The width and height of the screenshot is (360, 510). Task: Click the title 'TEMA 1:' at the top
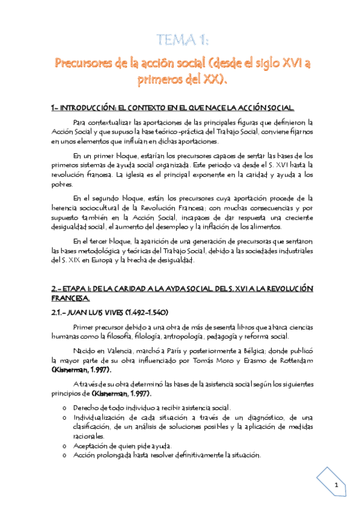coord(180,41)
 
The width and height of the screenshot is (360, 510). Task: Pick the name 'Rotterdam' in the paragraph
coord(289,360)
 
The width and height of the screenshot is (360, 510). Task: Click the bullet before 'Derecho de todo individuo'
coord(64,408)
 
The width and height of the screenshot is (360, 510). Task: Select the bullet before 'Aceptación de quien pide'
coord(64,445)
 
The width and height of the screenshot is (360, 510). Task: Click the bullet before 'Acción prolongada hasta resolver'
coord(64,455)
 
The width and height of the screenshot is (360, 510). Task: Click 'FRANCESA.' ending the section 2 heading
coord(70,298)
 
